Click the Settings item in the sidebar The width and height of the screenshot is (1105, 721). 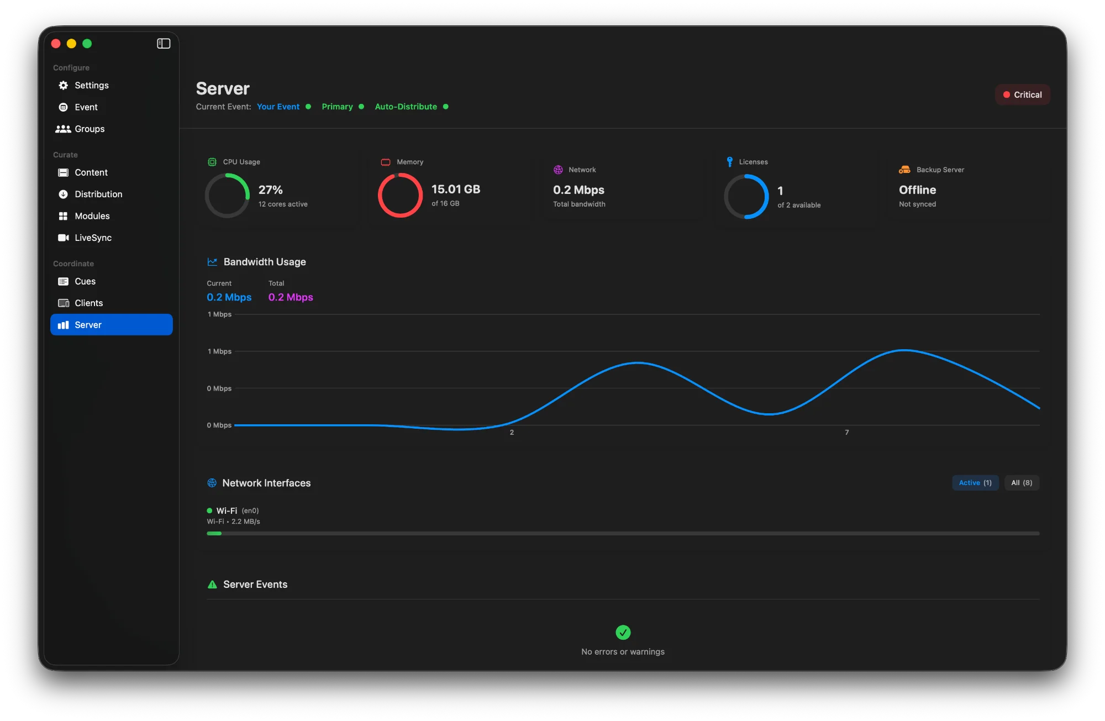click(x=91, y=85)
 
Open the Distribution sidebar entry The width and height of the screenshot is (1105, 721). click(x=98, y=194)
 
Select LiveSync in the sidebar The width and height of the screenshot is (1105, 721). click(x=93, y=238)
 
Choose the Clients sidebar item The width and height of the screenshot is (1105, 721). click(x=88, y=303)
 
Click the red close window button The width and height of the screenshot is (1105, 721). click(x=56, y=44)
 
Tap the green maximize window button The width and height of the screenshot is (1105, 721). click(x=87, y=44)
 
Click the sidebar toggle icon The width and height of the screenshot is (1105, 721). click(x=164, y=44)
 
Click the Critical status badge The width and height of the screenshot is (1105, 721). click(x=1023, y=94)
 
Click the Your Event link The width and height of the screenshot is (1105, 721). click(x=278, y=107)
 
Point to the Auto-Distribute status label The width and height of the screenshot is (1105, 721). click(x=406, y=107)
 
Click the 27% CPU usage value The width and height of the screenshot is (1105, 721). click(x=271, y=190)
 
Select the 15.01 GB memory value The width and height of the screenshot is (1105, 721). click(x=455, y=189)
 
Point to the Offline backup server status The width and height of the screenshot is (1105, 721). click(x=917, y=190)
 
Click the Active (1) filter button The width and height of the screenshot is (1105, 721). click(x=975, y=482)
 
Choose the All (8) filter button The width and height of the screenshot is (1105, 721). click(x=1022, y=482)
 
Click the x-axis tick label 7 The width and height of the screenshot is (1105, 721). click(x=846, y=432)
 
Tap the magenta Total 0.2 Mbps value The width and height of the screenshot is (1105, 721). click(x=291, y=297)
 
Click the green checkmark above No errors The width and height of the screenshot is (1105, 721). click(x=623, y=632)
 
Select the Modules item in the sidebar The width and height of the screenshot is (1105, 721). click(x=92, y=216)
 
